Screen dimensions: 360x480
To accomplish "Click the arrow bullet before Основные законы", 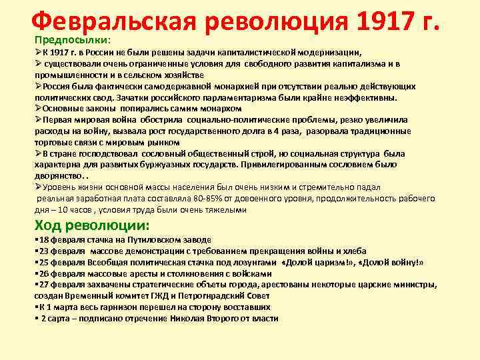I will click(x=38, y=108).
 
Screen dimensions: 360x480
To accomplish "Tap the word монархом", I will click(x=221, y=108).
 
